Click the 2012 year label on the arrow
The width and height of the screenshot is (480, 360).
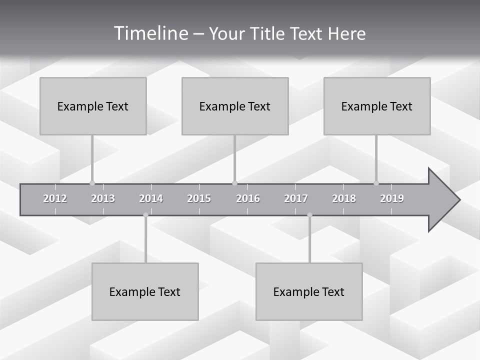pyautogui.click(x=55, y=198)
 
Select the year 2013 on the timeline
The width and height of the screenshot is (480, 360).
pyautogui.click(x=103, y=198)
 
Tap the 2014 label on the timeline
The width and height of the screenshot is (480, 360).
pyautogui.click(x=151, y=198)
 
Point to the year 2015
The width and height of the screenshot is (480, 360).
pyautogui.click(x=199, y=198)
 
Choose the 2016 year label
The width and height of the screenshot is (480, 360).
pyautogui.click(x=248, y=198)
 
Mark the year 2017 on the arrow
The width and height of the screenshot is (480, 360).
pyautogui.click(x=296, y=198)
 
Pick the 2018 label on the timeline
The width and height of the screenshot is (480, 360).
pyautogui.click(x=344, y=198)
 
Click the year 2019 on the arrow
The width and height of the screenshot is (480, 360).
pyautogui.click(x=392, y=198)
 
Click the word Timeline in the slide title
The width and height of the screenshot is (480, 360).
pyautogui.click(x=149, y=33)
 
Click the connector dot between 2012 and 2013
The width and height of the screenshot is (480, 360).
pyautogui.click(x=92, y=183)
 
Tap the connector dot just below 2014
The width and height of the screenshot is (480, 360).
pyautogui.click(x=145, y=215)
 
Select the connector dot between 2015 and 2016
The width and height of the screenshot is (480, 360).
pyautogui.click(x=234, y=183)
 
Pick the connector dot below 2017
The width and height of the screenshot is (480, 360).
pyautogui.click(x=309, y=215)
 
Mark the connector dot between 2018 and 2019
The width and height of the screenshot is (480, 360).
pyautogui.click(x=376, y=183)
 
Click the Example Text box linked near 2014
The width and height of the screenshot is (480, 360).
pyautogui.click(x=145, y=291)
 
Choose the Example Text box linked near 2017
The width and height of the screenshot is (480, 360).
pyautogui.click(x=309, y=291)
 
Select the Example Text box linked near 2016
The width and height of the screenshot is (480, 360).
pyautogui.click(x=235, y=106)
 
